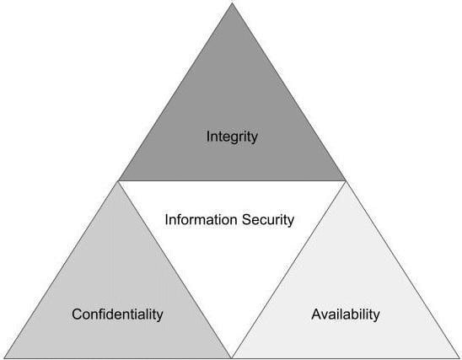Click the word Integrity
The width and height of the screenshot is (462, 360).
(x=232, y=137)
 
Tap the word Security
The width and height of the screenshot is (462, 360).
(x=268, y=220)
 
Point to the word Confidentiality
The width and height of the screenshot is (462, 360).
(x=117, y=314)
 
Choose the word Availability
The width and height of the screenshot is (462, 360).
(x=346, y=314)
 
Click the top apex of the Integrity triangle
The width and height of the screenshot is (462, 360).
(x=232, y=3)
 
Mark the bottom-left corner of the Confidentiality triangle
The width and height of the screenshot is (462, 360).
(x=4, y=358)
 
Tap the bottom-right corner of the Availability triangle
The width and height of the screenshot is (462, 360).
(x=459, y=358)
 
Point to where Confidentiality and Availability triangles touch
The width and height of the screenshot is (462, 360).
(x=232, y=358)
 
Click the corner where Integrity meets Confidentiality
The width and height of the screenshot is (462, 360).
(x=118, y=180)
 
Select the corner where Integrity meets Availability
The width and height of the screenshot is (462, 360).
(x=346, y=180)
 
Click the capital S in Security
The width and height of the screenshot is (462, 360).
(x=247, y=220)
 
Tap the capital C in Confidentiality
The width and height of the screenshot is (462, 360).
(x=77, y=314)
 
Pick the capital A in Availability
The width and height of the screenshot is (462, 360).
(x=317, y=314)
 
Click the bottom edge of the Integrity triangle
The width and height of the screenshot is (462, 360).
(x=232, y=180)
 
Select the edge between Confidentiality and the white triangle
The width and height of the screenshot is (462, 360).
(x=175, y=269)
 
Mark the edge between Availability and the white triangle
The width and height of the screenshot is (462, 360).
(x=288, y=269)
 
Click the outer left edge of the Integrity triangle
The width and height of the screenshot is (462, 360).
(x=175, y=92)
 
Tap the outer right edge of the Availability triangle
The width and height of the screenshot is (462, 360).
(x=402, y=269)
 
